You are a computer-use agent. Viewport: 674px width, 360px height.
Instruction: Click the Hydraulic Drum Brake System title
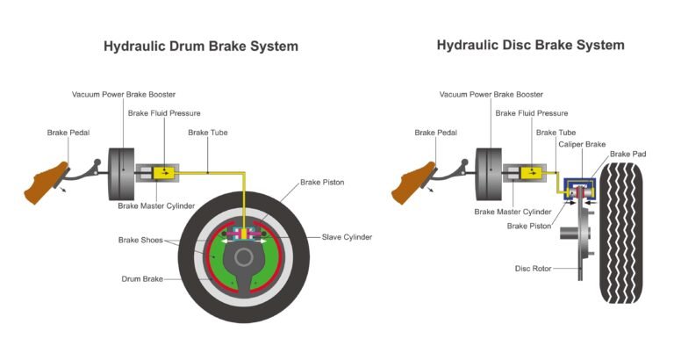201,46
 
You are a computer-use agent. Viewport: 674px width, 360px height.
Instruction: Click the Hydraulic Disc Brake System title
530,45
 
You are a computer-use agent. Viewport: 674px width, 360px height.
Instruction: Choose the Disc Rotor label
533,269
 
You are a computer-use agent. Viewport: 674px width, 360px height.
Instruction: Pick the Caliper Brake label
583,143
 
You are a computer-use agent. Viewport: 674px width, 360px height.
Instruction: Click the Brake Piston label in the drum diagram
322,183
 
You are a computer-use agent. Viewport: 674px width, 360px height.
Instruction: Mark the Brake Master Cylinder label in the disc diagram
513,212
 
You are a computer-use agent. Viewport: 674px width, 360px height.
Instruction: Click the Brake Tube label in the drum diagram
210,133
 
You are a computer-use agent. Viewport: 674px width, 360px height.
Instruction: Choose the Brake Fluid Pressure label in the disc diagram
531,113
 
